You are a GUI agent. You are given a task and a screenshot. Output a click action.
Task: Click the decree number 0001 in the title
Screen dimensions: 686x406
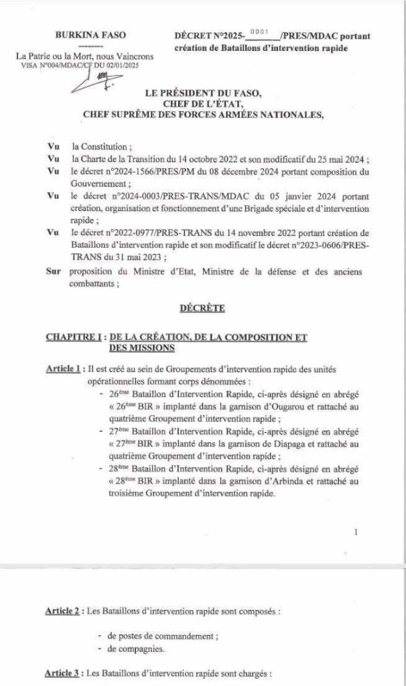pos(258,31)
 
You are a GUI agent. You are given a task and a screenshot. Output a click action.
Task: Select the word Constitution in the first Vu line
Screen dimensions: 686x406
pos(100,145)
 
